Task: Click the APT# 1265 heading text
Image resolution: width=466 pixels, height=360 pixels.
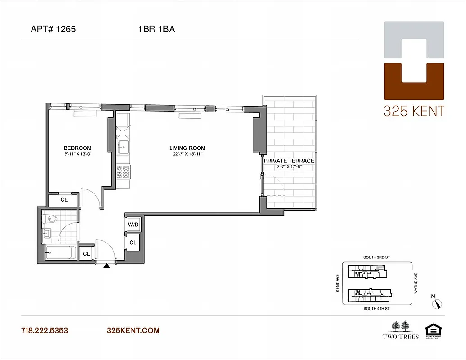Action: [x=53, y=30]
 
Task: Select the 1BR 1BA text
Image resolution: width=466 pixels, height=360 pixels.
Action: [x=156, y=30]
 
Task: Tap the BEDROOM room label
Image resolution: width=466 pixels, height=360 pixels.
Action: [x=77, y=148]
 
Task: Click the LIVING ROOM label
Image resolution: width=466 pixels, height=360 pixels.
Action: [x=187, y=148]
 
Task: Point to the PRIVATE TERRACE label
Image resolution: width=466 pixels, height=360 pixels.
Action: [x=289, y=161]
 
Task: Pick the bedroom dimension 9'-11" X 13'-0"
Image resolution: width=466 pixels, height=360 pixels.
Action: [x=77, y=154]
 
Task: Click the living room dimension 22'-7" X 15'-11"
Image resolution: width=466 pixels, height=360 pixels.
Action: [x=187, y=154]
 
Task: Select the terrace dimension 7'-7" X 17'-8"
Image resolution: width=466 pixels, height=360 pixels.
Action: [x=289, y=166]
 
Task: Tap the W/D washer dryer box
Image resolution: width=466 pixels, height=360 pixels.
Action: [x=133, y=225]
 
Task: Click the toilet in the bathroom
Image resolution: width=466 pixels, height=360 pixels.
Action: [x=50, y=219]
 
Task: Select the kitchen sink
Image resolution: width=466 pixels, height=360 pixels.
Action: [x=122, y=146]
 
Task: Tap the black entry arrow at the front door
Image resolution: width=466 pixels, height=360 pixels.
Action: [x=107, y=266]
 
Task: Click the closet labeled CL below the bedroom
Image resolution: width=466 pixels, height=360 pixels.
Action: [x=64, y=199]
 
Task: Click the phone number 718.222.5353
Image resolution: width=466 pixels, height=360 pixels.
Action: [x=45, y=330]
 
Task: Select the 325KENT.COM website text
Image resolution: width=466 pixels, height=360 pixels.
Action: [x=133, y=330]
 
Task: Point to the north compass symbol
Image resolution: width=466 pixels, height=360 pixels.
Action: [x=437, y=304]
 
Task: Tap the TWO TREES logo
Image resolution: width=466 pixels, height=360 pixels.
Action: [x=401, y=329]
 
